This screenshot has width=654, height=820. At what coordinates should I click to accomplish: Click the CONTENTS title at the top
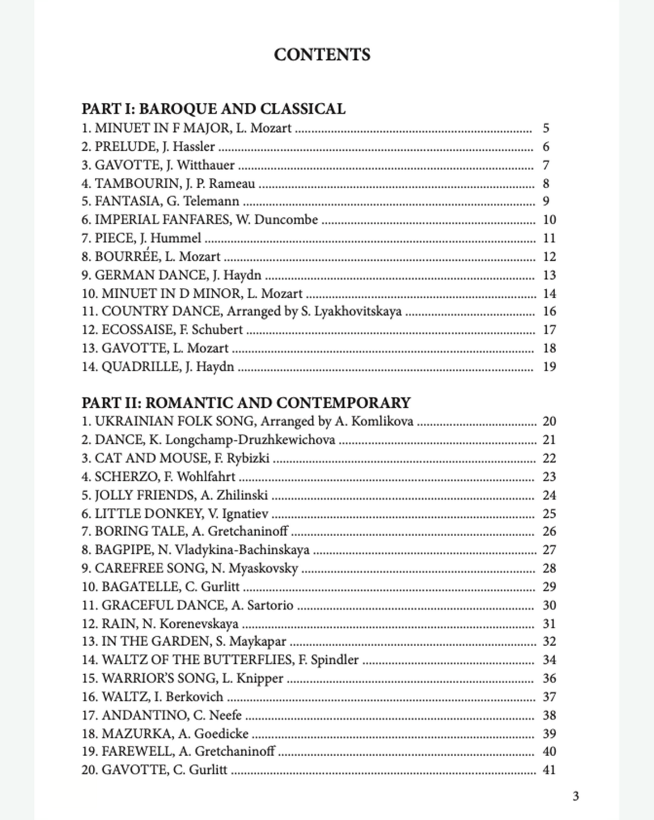point(322,55)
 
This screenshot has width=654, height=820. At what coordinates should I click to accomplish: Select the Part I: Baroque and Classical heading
point(213,109)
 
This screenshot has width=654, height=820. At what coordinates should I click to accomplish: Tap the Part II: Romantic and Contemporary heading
point(246,403)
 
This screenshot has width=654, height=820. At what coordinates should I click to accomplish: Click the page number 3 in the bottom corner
point(576,796)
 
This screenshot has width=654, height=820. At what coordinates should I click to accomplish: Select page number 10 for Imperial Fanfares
point(549,220)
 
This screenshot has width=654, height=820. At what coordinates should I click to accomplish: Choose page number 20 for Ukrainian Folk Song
point(549,421)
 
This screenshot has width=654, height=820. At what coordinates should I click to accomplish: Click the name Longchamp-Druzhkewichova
point(250,440)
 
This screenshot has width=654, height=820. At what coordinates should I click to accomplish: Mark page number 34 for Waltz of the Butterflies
point(549,660)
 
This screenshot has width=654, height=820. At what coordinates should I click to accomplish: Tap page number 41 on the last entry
point(549,770)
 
